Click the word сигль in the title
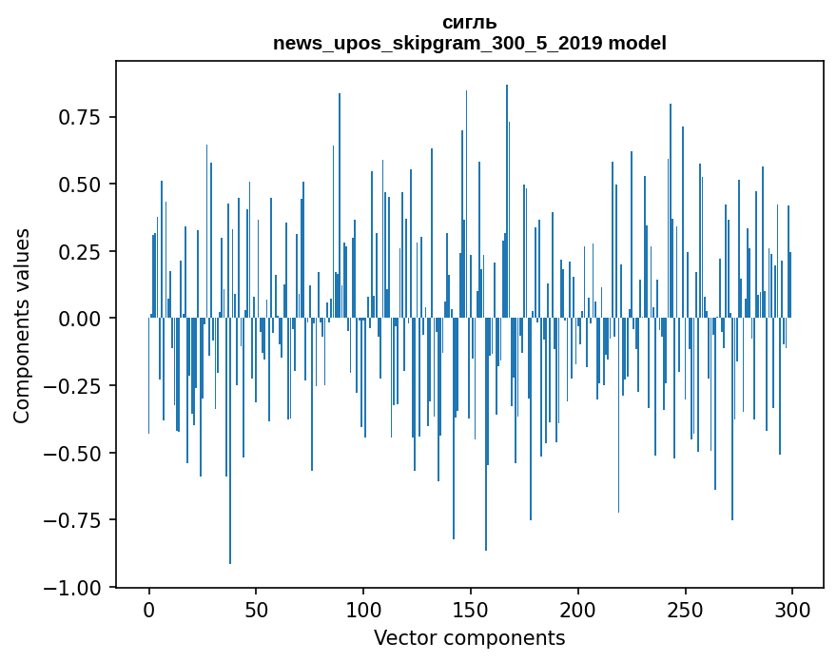coord(470,23)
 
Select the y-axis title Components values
coord(22,325)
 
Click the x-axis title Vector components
coord(470,638)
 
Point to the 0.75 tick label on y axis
coord(80,117)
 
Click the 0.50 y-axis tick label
coord(80,185)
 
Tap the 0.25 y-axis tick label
coord(80,252)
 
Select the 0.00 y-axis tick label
coord(80,319)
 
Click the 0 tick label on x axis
coord(149,610)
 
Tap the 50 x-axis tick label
coord(256,610)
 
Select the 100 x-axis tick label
coord(363,610)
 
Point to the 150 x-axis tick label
coord(471,610)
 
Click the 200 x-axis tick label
coord(578,610)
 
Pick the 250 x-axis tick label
coord(685,610)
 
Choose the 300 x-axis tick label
coord(792,610)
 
